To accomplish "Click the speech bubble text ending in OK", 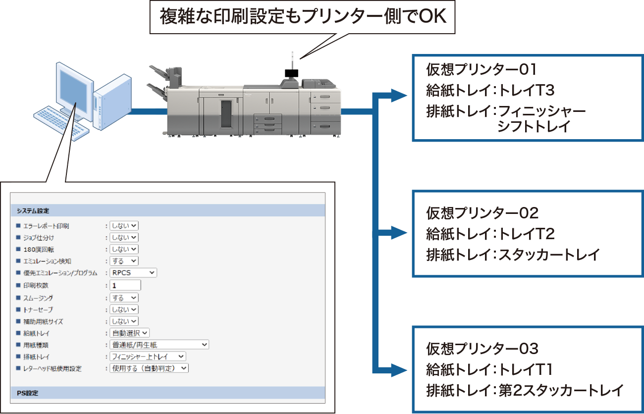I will [303, 17].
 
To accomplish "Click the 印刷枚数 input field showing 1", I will [125, 285].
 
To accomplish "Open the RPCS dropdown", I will [133, 273].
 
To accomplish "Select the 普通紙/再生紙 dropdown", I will [159, 345].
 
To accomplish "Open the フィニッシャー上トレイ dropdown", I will [148, 357].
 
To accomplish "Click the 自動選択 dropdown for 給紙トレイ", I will [129, 333].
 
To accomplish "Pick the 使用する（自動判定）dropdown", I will [149, 368].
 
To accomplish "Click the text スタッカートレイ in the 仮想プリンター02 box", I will [549, 255].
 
